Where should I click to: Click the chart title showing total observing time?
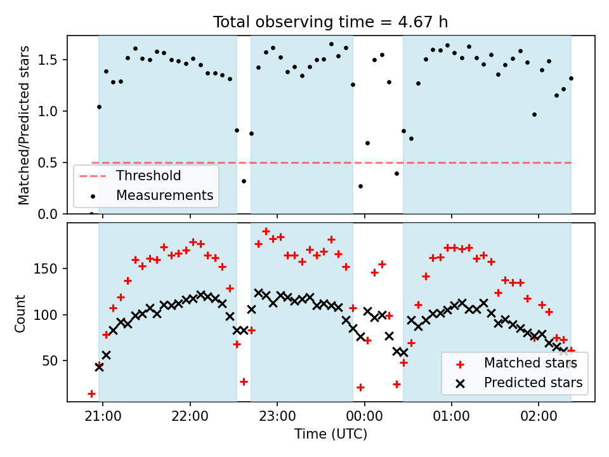tap(331, 22)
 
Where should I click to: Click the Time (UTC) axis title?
tap(331, 435)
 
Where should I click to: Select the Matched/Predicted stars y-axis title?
tap(24, 125)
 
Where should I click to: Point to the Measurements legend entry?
tap(164, 195)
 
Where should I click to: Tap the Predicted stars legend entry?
tap(533, 383)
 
